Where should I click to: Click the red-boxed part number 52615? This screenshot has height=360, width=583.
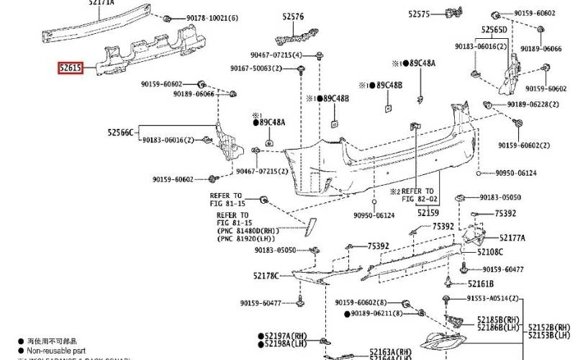(x=71, y=68)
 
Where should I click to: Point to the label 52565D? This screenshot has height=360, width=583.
(x=494, y=30)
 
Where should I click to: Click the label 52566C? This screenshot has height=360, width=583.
(x=121, y=132)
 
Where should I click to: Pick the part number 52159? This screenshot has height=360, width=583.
(x=428, y=212)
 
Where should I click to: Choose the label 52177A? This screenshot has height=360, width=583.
(x=512, y=238)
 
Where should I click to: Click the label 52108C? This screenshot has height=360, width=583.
(x=490, y=252)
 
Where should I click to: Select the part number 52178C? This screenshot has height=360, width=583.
(x=266, y=276)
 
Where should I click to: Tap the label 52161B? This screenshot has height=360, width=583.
(x=481, y=284)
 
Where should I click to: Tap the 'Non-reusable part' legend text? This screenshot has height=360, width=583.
(x=54, y=349)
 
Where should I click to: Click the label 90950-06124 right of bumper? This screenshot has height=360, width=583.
(x=516, y=173)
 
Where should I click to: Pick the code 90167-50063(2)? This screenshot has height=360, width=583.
(x=258, y=68)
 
